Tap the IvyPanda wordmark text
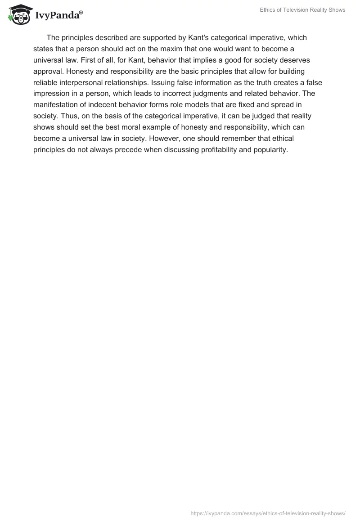point(58,15)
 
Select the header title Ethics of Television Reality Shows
point(302,10)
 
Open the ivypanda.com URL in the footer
point(268,513)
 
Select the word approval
point(48,71)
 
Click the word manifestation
point(54,105)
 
